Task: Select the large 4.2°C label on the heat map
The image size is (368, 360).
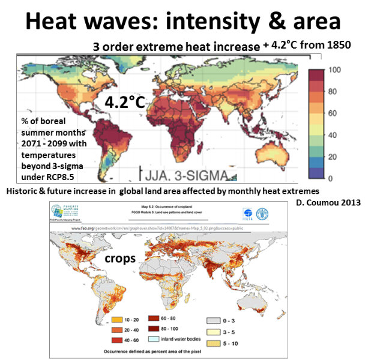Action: [x=125, y=102]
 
